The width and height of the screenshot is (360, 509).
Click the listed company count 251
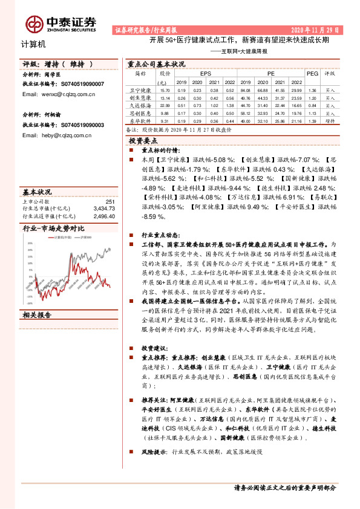click(110, 201)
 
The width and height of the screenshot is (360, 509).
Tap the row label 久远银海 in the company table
click(140, 105)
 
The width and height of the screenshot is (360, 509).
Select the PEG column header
click(312, 73)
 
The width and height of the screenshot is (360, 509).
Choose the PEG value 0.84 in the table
click(312, 105)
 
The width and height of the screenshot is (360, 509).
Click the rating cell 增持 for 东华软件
click(330, 120)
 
